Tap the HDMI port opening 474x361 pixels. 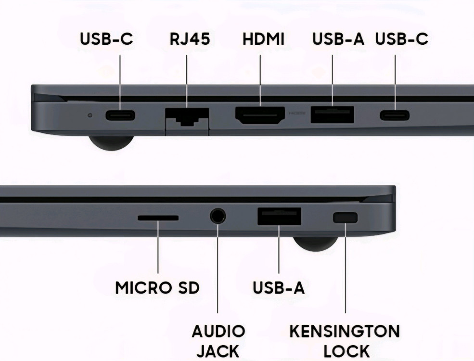point(260,116)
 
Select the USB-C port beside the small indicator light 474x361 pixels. point(120,116)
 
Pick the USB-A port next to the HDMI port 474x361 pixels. point(332,115)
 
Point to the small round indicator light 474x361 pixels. point(90,115)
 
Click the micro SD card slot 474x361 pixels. point(158,218)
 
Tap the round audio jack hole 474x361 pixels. point(218,216)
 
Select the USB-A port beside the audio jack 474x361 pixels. point(279,216)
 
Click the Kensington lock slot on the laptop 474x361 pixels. point(345,218)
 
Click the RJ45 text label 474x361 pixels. point(190,39)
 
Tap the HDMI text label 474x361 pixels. point(263,39)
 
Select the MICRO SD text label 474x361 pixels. point(157,287)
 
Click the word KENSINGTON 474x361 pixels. point(345,331)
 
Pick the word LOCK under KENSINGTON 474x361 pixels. point(346,351)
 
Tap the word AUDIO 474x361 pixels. point(218,331)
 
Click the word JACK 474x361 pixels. point(218,351)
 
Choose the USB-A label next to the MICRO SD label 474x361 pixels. point(279,287)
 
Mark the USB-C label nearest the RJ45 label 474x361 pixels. point(106,39)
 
